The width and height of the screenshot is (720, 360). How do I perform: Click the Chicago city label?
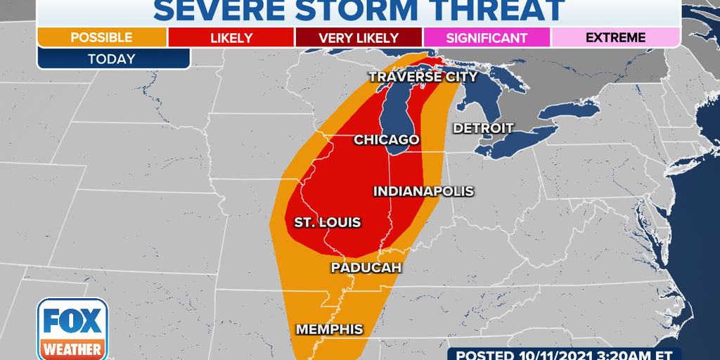(386, 140)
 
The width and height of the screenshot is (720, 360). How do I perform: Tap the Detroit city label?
(483, 128)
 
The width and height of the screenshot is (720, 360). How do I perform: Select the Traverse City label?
(423, 77)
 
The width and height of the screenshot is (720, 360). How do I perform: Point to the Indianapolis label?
(423, 191)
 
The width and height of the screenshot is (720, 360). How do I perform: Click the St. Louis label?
(327, 223)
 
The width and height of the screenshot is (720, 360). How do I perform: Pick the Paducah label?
(366, 268)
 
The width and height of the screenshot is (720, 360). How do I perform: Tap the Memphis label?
(329, 329)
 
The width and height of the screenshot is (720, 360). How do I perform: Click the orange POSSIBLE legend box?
(102, 37)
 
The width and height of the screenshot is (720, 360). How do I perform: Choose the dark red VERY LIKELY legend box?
(358, 37)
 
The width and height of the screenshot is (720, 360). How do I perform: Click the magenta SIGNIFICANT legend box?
(487, 37)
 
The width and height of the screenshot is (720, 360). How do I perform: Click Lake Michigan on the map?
(398, 112)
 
